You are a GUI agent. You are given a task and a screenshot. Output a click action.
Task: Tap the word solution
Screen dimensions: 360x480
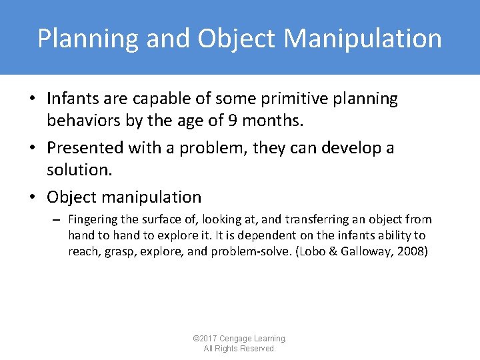[x=79, y=171]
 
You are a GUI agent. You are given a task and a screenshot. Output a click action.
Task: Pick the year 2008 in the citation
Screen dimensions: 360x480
[x=411, y=251]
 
